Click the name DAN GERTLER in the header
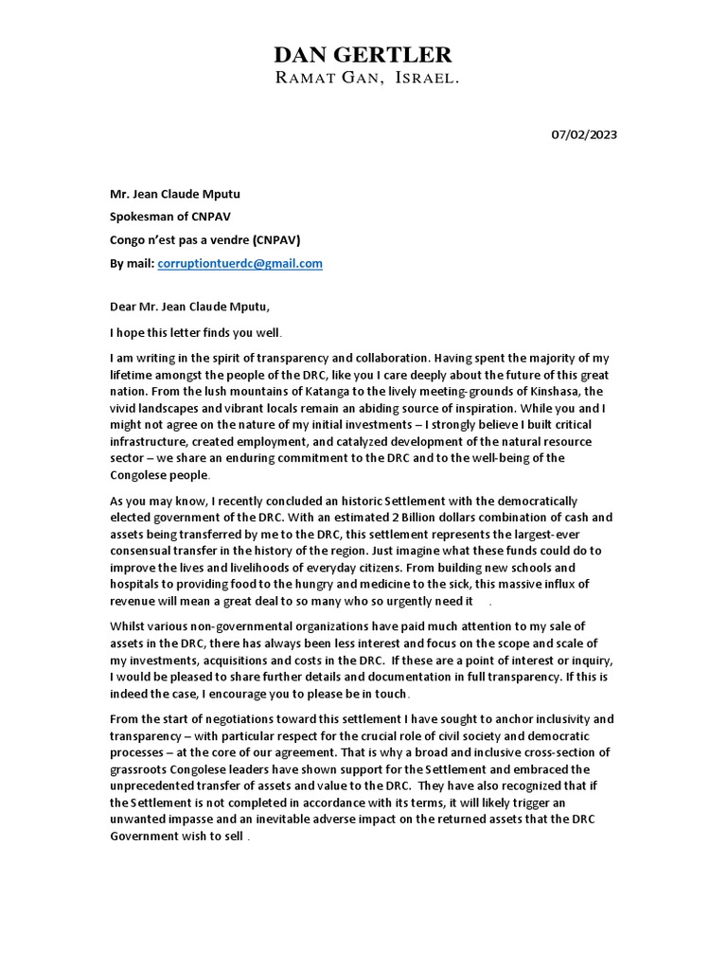tap(363, 54)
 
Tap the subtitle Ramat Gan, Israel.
tap(367, 79)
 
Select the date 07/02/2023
tap(584, 134)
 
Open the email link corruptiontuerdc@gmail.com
tap(239, 263)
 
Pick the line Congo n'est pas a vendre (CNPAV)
tap(205, 239)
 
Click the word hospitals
tap(138, 584)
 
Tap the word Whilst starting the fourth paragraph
tap(130, 625)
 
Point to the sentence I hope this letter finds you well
tap(196, 332)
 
